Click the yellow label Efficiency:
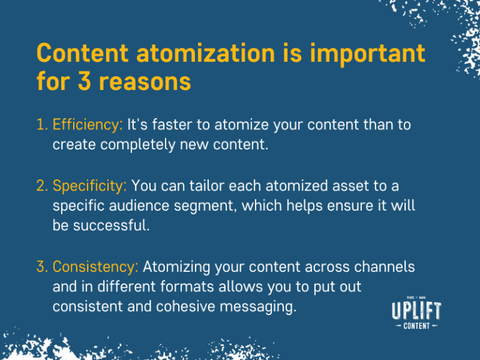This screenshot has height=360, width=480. [x=87, y=124]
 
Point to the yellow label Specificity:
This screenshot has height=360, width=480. [x=90, y=186]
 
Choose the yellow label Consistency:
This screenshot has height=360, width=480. [x=95, y=267]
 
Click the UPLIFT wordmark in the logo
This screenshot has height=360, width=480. [x=416, y=311]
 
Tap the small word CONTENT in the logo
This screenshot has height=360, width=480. [x=416, y=326]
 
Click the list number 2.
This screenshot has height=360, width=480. [x=41, y=186]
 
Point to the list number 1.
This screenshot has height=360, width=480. [x=41, y=124]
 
